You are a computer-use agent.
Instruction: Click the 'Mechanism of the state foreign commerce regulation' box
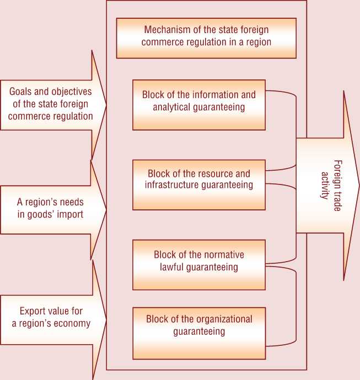click(206, 37)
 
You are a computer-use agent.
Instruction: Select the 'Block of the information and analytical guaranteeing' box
click(198, 105)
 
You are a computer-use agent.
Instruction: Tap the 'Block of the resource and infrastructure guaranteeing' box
click(198, 184)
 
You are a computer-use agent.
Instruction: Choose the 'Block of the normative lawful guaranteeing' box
click(198, 264)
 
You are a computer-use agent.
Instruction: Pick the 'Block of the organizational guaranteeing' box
click(198, 333)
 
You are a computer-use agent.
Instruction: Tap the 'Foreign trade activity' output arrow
click(329, 187)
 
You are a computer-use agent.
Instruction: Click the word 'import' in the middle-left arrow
click(71, 214)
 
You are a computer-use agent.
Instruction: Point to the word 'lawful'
click(173, 267)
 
